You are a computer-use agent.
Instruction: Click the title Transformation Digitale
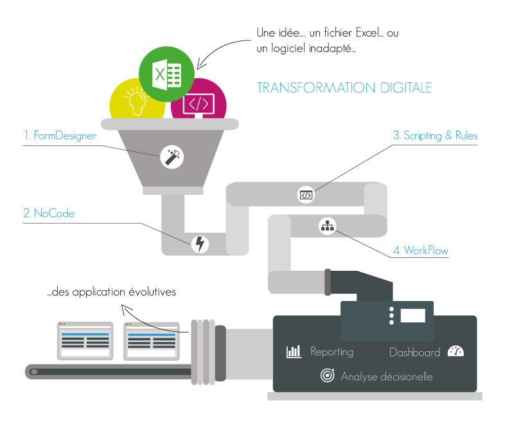click(x=344, y=87)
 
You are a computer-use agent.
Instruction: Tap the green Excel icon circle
click(x=167, y=74)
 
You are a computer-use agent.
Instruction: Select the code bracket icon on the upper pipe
click(x=306, y=195)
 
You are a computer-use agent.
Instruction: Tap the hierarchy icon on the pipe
click(x=328, y=226)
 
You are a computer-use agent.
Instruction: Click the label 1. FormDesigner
click(x=60, y=136)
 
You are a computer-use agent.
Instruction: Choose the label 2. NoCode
click(x=49, y=213)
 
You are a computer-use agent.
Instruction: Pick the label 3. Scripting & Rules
click(x=435, y=136)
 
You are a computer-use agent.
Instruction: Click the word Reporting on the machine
click(x=332, y=352)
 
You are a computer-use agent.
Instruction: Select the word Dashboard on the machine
click(x=414, y=352)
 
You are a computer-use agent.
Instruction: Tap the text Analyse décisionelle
click(x=386, y=376)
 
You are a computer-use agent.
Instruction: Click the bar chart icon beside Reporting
click(x=294, y=352)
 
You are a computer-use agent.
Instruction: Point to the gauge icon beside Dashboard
click(x=456, y=351)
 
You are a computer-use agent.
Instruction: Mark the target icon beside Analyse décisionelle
click(x=327, y=376)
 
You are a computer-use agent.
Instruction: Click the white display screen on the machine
click(x=412, y=316)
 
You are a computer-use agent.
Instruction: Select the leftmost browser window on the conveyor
click(x=85, y=341)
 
